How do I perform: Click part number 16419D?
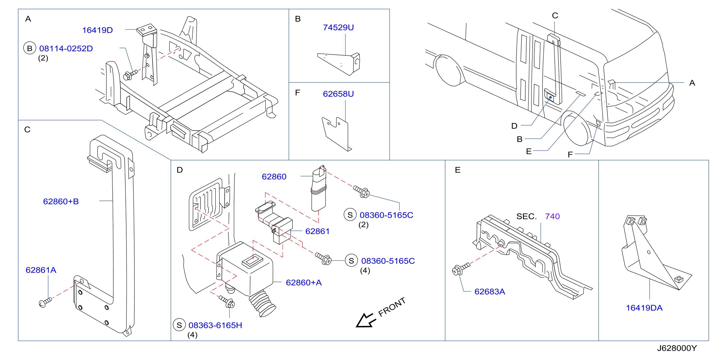[x=97, y=30]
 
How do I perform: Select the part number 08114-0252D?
[x=66, y=49]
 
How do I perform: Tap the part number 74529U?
[x=338, y=27]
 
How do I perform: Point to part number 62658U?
[x=338, y=94]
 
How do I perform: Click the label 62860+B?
[x=61, y=201]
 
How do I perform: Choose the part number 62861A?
[x=41, y=270]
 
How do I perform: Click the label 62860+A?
[x=304, y=282]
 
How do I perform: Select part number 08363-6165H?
[x=215, y=325]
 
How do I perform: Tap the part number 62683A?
[x=490, y=291]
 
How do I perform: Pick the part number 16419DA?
[x=644, y=308]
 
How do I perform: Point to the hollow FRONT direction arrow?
[x=366, y=321]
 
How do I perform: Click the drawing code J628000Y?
[x=677, y=348]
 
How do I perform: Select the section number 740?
[x=552, y=216]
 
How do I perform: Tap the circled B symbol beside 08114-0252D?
[x=30, y=48]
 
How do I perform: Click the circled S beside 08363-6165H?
[x=179, y=325]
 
